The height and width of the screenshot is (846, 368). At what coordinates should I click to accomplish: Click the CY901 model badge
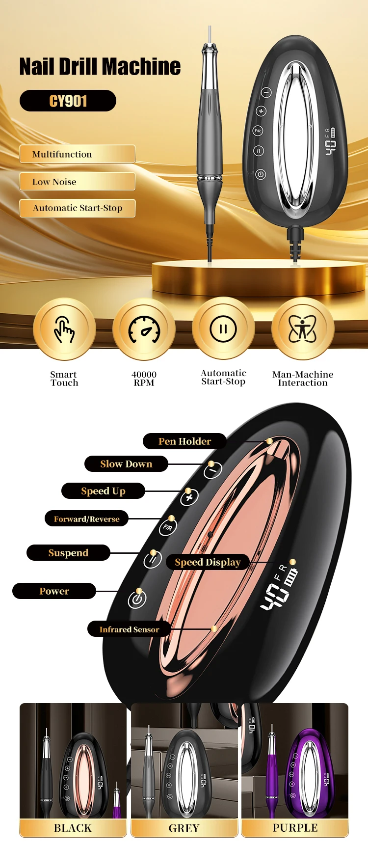68,101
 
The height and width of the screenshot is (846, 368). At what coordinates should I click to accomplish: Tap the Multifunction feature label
77,154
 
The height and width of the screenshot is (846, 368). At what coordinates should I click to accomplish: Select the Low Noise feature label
77,182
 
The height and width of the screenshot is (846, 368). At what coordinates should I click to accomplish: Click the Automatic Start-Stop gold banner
77,208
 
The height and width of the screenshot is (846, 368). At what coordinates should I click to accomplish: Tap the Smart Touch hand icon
64,329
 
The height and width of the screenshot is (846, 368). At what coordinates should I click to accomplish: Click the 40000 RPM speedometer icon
144,329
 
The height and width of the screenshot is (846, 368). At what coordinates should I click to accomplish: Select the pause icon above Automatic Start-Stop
223,329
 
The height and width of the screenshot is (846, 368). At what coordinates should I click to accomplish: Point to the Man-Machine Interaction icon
303,329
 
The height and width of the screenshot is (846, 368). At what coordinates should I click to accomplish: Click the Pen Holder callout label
184,441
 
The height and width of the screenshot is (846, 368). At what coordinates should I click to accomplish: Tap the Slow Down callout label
126,464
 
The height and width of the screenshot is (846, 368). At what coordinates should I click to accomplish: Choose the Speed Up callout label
103,491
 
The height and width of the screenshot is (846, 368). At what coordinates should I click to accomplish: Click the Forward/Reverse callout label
86,519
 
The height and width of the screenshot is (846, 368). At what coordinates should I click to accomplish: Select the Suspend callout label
68,553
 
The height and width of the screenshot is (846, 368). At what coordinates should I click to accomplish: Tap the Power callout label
54,591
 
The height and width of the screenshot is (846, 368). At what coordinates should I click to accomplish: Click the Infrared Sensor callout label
129,629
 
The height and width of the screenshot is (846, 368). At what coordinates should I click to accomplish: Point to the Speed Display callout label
208,562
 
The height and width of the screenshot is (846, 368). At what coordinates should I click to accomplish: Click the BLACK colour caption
73,828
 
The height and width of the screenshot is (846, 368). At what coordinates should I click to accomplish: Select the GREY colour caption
184,828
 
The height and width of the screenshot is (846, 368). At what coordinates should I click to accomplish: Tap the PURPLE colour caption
295,828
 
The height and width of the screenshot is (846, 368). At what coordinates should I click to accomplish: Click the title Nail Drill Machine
100,67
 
